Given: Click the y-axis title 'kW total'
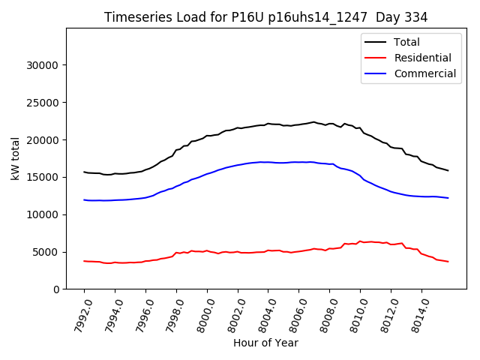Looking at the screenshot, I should [15, 159].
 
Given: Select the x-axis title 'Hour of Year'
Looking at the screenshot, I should [265, 343].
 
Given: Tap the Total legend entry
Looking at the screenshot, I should [406, 42].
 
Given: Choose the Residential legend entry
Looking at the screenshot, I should [422, 58].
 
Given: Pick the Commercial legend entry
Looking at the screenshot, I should [424, 73].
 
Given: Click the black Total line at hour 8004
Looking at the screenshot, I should [268, 124].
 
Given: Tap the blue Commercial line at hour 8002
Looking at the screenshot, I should [238, 165].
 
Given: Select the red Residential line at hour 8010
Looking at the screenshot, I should [360, 241].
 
